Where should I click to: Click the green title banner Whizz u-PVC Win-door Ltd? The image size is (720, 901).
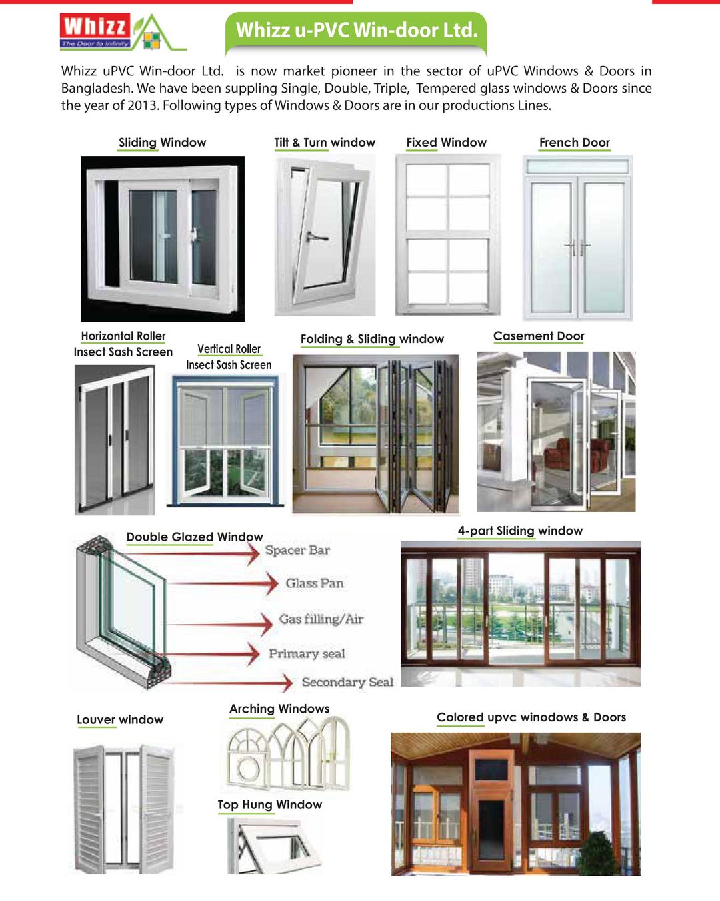357,31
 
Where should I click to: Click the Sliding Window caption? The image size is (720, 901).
162,143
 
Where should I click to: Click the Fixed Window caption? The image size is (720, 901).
446,143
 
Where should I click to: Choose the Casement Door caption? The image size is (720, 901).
539,336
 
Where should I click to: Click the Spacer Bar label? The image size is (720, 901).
297,551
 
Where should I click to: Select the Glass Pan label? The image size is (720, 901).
315,583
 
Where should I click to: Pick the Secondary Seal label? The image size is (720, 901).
347,682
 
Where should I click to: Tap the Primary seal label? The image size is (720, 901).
307,653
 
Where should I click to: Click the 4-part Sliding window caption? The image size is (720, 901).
520,531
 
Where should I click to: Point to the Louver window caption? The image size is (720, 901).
120,719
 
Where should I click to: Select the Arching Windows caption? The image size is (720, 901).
279,709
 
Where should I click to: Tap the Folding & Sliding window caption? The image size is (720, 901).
372,339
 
